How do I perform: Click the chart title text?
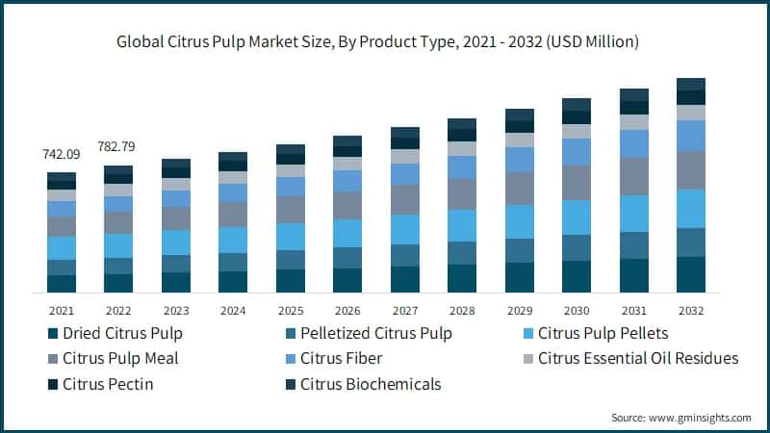[x=385, y=42]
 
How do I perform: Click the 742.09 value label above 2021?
[x=62, y=154]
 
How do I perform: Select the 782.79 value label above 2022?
[x=118, y=146]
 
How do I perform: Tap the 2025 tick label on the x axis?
[x=290, y=311]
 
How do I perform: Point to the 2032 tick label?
[x=691, y=311]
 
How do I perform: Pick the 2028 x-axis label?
[x=462, y=311]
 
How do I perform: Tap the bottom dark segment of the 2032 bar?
[x=691, y=274]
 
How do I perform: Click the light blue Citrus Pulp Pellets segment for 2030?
[x=577, y=217]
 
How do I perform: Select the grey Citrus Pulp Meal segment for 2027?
[x=405, y=199]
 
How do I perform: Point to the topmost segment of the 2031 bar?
[x=634, y=94]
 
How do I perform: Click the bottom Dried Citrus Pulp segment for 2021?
[x=62, y=283]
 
